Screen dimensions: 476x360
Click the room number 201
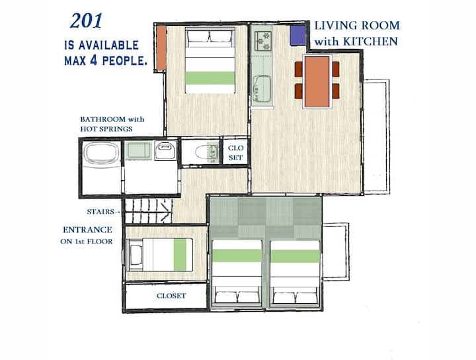point(86,21)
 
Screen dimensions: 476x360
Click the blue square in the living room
point(297,36)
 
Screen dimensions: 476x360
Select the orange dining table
point(317,81)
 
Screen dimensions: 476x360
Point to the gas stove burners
point(262,41)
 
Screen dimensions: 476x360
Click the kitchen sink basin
point(262,89)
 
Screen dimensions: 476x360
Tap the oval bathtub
point(101,154)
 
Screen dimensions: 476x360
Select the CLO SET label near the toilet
point(235,152)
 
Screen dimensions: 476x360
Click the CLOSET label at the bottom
point(171,296)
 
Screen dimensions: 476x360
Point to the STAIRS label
point(100,212)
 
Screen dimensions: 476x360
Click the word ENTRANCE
point(87,230)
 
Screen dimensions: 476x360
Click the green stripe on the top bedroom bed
point(210,78)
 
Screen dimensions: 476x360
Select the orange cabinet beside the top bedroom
point(161,48)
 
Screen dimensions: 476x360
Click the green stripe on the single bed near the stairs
point(180,255)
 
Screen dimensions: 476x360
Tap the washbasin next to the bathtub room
point(165,150)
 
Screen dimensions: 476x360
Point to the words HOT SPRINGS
point(106,129)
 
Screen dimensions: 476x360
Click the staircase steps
point(149,211)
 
